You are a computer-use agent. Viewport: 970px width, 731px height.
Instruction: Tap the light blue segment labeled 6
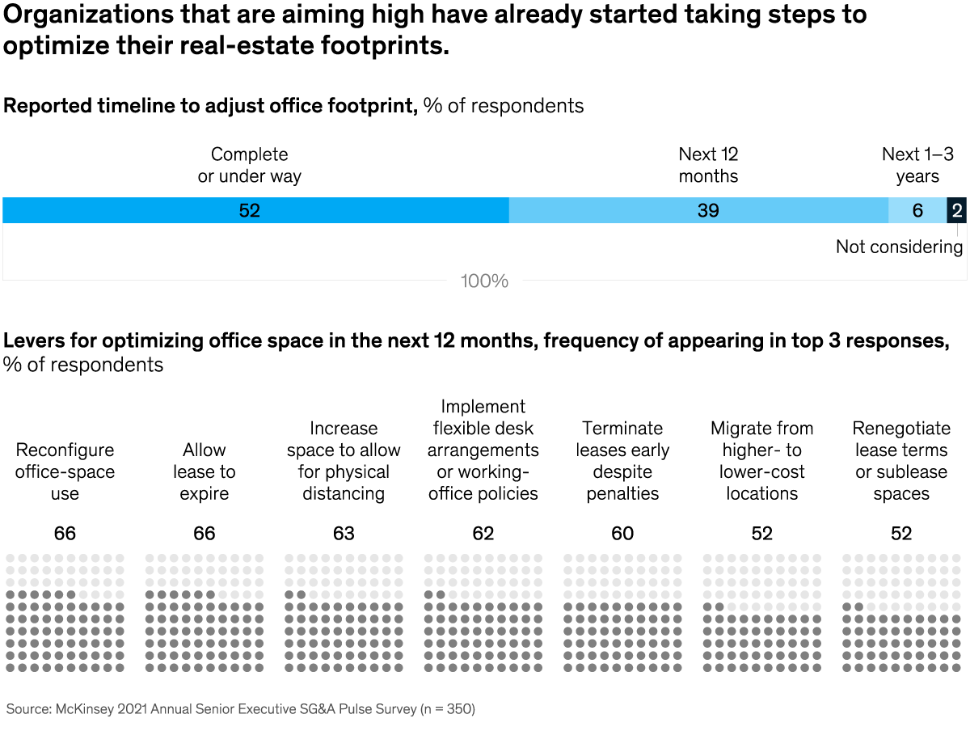tap(917, 210)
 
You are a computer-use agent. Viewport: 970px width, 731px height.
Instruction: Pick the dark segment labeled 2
tap(957, 210)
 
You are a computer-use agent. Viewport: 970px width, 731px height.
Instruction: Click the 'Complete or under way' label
tap(249, 165)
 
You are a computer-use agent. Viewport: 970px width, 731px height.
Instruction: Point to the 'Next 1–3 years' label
tap(917, 165)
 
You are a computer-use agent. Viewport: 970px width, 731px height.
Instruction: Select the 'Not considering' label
tap(899, 247)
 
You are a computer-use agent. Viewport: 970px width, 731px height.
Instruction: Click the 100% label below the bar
tap(484, 281)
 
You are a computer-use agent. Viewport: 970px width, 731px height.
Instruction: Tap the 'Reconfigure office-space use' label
tap(65, 471)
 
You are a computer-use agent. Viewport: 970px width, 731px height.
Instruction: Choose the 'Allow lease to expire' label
tap(205, 471)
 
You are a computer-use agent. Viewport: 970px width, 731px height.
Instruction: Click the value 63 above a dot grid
tap(344, 534)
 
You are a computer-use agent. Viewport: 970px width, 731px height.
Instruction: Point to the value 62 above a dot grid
tap(483, 534)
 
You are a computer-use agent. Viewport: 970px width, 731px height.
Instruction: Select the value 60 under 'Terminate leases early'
tap(622, 534)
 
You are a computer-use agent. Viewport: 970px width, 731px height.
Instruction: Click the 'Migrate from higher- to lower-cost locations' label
tap(761, 461)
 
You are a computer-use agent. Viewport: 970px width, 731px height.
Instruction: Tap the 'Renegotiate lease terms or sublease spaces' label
tap(901, 461)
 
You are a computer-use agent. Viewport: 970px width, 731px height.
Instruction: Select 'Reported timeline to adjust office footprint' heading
tap(210, 106)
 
